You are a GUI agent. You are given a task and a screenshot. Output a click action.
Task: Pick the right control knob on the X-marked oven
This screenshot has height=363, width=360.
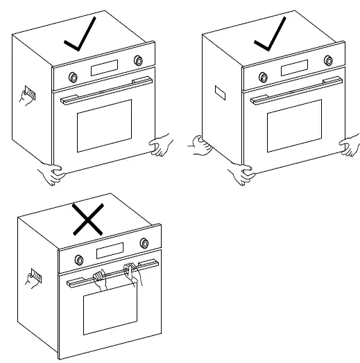[144, 243]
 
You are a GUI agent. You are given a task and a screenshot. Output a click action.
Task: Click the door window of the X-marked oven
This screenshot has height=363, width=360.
[110, 308]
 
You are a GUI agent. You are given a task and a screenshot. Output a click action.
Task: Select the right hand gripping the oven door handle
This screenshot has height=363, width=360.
[132, 273]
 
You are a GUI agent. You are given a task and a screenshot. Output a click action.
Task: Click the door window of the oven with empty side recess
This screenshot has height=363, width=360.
[295, 125]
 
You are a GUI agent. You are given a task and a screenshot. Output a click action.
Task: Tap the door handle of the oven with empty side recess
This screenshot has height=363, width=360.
[294, 89]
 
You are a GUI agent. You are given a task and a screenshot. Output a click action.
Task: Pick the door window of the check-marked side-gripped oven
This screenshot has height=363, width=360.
[104, 125]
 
